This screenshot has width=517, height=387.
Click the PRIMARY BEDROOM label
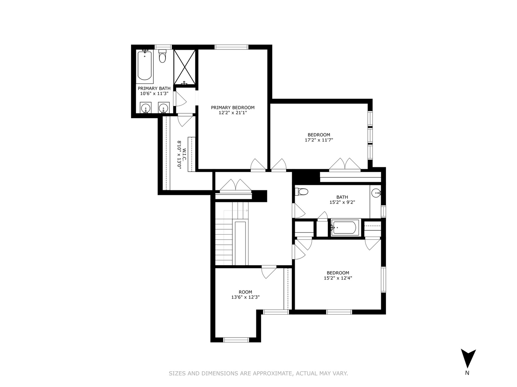tap(233, 107)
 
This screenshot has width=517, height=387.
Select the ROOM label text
tap(246, 292)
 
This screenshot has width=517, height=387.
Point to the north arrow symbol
tap(468, 358)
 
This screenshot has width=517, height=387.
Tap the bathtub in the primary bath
tap(145, 66)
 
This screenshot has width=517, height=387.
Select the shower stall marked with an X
tap(185, 67)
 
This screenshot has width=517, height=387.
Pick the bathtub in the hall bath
tap(344, 228)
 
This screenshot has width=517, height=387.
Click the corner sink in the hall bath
tap(376, 193)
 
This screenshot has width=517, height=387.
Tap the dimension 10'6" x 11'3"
tap(154, 94)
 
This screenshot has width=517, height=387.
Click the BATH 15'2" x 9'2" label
tap(342, 200)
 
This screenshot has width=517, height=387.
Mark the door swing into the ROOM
tap(269, 272)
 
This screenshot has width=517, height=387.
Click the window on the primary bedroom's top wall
tap(232, 47)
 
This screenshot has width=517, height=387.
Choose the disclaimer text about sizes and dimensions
tap(258, 373)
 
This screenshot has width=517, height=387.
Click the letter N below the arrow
tap(467, 373)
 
